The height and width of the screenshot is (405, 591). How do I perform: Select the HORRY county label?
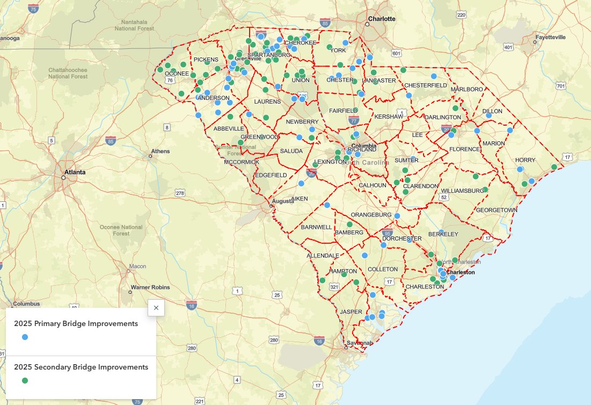[x=525, y=160]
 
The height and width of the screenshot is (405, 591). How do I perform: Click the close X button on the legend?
[x=156, y=308]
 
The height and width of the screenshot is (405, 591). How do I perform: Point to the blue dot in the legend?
[x=25, y=337]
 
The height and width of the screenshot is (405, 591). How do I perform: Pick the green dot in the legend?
[x=25, y=380]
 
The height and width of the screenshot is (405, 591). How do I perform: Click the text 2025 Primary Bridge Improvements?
[x=76, y=324]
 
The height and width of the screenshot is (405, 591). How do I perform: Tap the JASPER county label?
[x=351, y=312]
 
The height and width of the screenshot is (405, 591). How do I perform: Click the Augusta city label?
[x=283, y=201]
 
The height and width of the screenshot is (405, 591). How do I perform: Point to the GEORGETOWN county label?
[x=497, y=209]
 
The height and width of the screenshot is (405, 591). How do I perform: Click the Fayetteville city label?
[x=549, y=37]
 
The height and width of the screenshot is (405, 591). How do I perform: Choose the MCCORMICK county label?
[x=242, y=162]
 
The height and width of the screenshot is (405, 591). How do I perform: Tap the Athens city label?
[x=160, y=151]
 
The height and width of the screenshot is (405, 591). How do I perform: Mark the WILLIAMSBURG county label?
[x=463, y=191]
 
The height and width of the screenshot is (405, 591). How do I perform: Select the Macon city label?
[x=137, y=266]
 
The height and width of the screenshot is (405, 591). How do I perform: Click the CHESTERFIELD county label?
[x=426, y=85]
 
